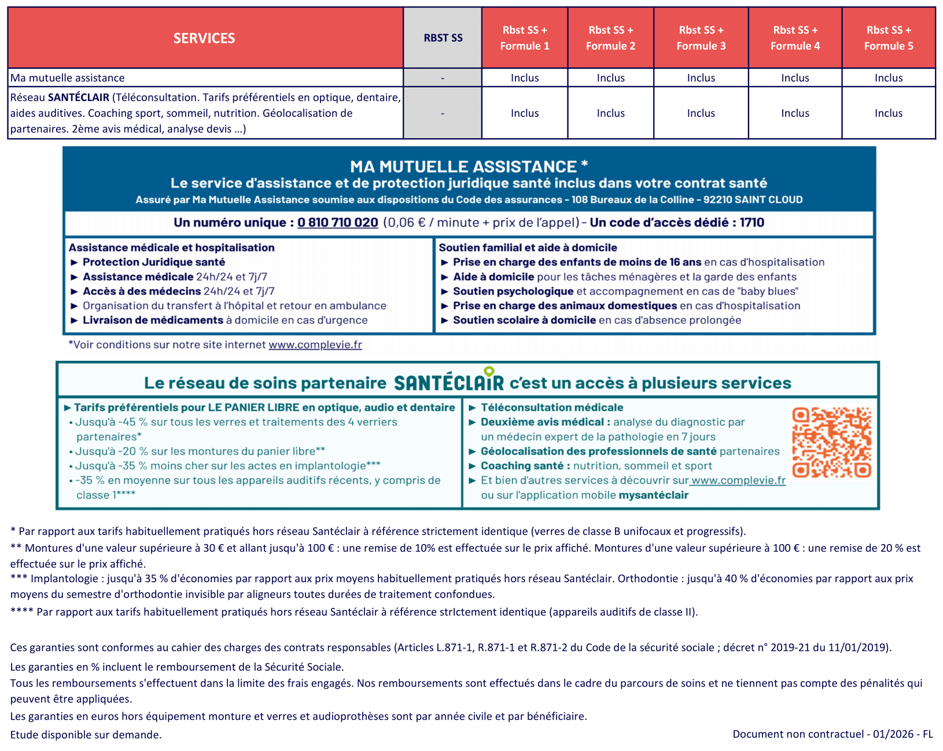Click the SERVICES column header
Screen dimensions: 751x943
click(x=204, y=38)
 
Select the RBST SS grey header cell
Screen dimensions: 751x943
click(x=443, y=38)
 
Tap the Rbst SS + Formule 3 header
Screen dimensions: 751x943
click(x=701, y=38)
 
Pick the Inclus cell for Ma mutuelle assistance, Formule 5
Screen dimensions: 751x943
click(x=888, y=78)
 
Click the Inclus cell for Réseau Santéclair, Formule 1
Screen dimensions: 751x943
click(x=524, y=113)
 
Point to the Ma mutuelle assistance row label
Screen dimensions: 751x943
click(x=68, y=78)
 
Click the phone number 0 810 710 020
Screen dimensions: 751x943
click(x=338, y=223)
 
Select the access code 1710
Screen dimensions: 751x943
click(x=752, y=223)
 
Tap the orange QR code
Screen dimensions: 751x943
click(x=831, y=442)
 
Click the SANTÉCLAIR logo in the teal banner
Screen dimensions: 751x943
click(x=448, y=382)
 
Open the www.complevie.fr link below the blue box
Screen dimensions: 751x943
click(x=315, y=345)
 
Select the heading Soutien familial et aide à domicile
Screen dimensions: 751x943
click(x=528, y=247)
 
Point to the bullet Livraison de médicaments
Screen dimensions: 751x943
click(x=153, y=320)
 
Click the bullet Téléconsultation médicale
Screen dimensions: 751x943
click(x=551, y=408)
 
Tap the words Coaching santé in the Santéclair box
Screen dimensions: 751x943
click(x=522, y=466)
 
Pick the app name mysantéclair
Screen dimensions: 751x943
click(x=653, y=495)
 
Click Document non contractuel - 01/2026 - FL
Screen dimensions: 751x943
click(x=833, y=734)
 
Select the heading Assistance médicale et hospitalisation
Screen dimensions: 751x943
click(x=172, y=247)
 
